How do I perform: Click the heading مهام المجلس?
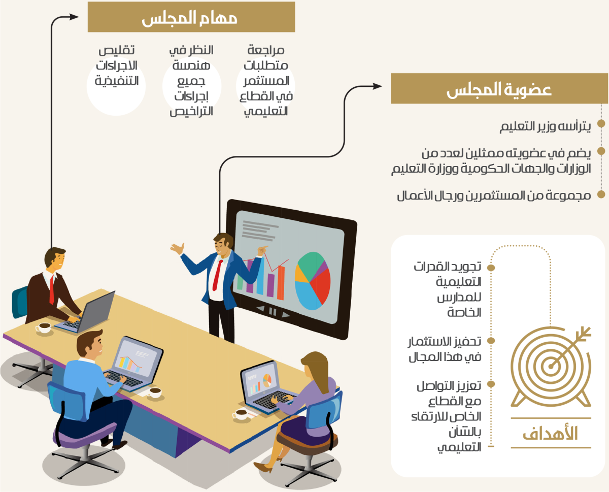(190, 18)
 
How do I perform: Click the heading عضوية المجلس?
(499, 89)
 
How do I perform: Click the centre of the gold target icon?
(551, 367)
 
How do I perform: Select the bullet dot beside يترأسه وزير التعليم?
(601, 123)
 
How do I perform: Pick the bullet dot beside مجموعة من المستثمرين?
(601, 194)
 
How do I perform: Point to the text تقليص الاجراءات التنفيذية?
(117, 65)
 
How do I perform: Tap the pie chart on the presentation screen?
(313, 281)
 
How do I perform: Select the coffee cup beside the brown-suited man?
(44, 327)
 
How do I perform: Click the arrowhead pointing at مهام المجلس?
(74, 17)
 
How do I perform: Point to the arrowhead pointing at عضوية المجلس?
(378, 86)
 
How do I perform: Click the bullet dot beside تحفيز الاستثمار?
(491, 341)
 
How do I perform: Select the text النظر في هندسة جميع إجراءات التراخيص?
(191, 81)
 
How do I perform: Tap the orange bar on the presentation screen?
(281, 283)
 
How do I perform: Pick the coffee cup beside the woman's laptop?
(241, 414)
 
